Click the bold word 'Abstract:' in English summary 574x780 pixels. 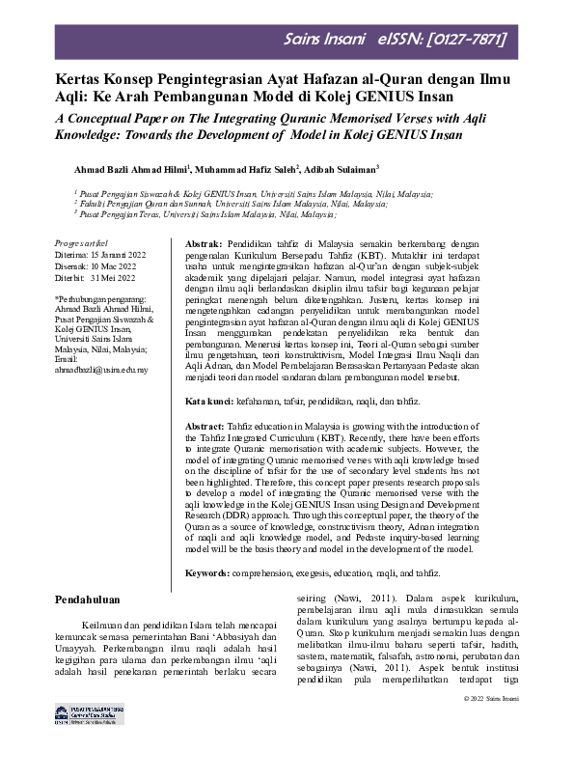pos(205,425)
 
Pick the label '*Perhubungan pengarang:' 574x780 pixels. pos(107,301)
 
